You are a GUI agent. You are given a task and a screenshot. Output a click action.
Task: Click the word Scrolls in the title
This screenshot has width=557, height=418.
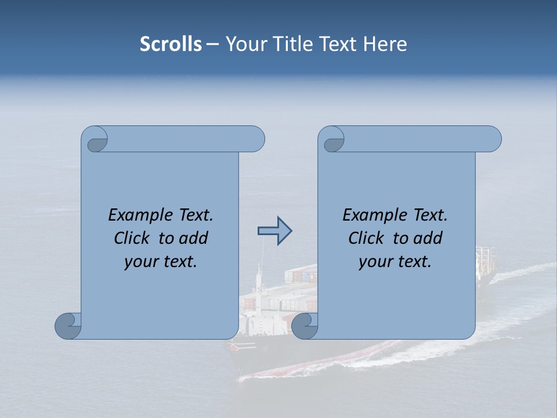point(171,44)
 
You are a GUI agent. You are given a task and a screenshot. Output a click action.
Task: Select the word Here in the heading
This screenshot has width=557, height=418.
point(385,44)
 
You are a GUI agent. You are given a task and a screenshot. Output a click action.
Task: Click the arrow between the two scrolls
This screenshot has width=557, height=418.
point(274,231)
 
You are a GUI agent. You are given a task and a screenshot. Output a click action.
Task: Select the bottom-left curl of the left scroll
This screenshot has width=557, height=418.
point(68,326)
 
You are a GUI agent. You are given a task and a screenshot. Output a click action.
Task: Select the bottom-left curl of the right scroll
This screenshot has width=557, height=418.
point(305,326)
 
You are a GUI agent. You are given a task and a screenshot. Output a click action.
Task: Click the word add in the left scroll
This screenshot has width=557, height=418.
point(194,238)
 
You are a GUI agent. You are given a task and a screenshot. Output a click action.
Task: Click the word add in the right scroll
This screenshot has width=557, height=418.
point(428,238)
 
